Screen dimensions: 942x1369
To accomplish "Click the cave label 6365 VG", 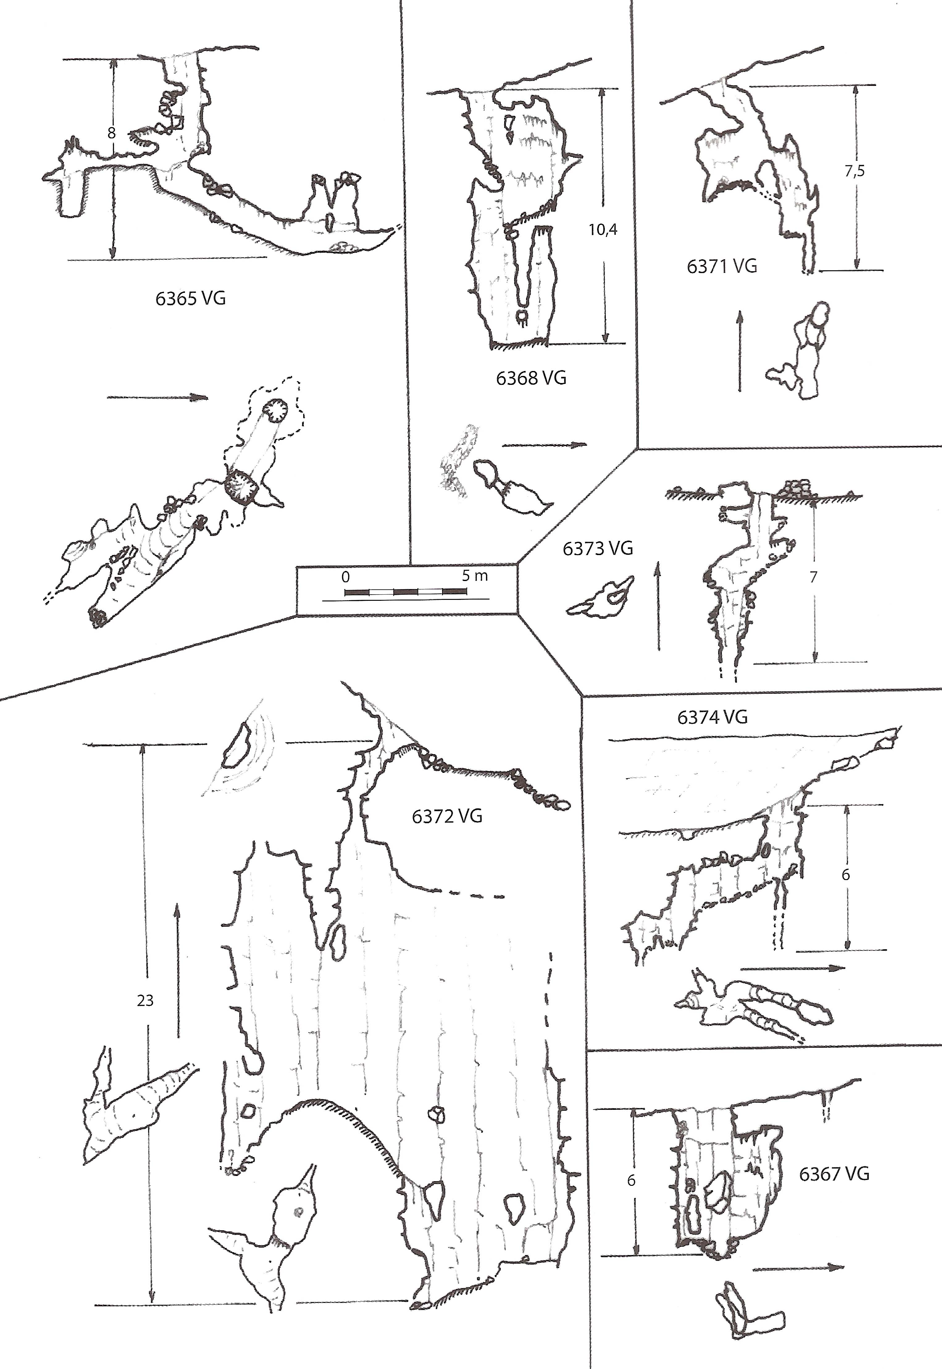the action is [190, 299].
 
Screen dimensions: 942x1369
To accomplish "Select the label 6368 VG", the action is [531, 378].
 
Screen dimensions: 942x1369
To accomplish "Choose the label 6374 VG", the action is [712, 717].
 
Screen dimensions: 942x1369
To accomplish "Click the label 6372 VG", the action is [447, 816].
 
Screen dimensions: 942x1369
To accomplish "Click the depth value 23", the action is [145, 1000].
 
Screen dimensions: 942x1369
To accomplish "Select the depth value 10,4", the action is [603, 230].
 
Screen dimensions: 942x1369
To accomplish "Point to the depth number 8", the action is [111, 133].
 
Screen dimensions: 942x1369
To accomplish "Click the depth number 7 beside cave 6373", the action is [813, 577].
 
